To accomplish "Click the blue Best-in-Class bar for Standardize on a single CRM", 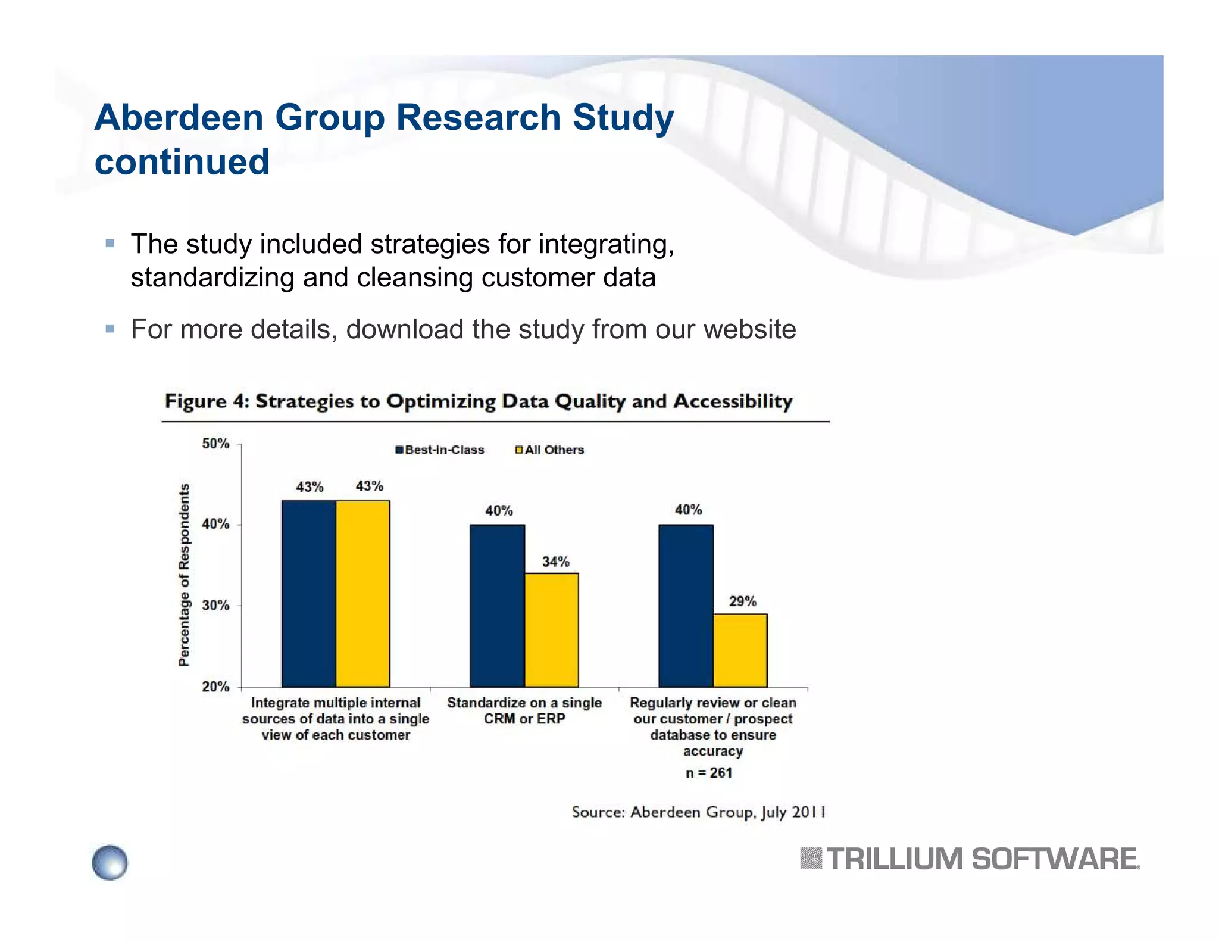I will (x=497, y=606).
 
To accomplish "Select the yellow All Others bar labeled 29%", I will (x=740, y=650).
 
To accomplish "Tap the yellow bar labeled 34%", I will (x=551, y=630).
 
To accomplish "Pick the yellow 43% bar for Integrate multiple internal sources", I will (x=362, y=594).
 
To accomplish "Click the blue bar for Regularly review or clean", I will (x=686, y=606).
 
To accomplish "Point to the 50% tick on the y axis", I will (x=215, y=444).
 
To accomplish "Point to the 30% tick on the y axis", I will (x=215, y=606).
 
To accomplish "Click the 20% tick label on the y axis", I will (x=215, y=687).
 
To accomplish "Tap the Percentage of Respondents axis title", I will (x=184, y=575).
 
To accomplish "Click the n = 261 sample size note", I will (x=708, y=773).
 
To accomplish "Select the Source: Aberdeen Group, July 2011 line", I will (x=698, y=812).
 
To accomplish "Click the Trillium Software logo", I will (x=970, y=859).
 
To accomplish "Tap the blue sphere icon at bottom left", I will (x=110, y=862).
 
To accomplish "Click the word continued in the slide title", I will (x=182, y=161).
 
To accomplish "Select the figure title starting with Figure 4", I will (x=479, y=401).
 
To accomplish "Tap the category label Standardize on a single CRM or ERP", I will (x=524, y=711).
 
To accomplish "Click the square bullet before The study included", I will (x=110, y=244).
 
